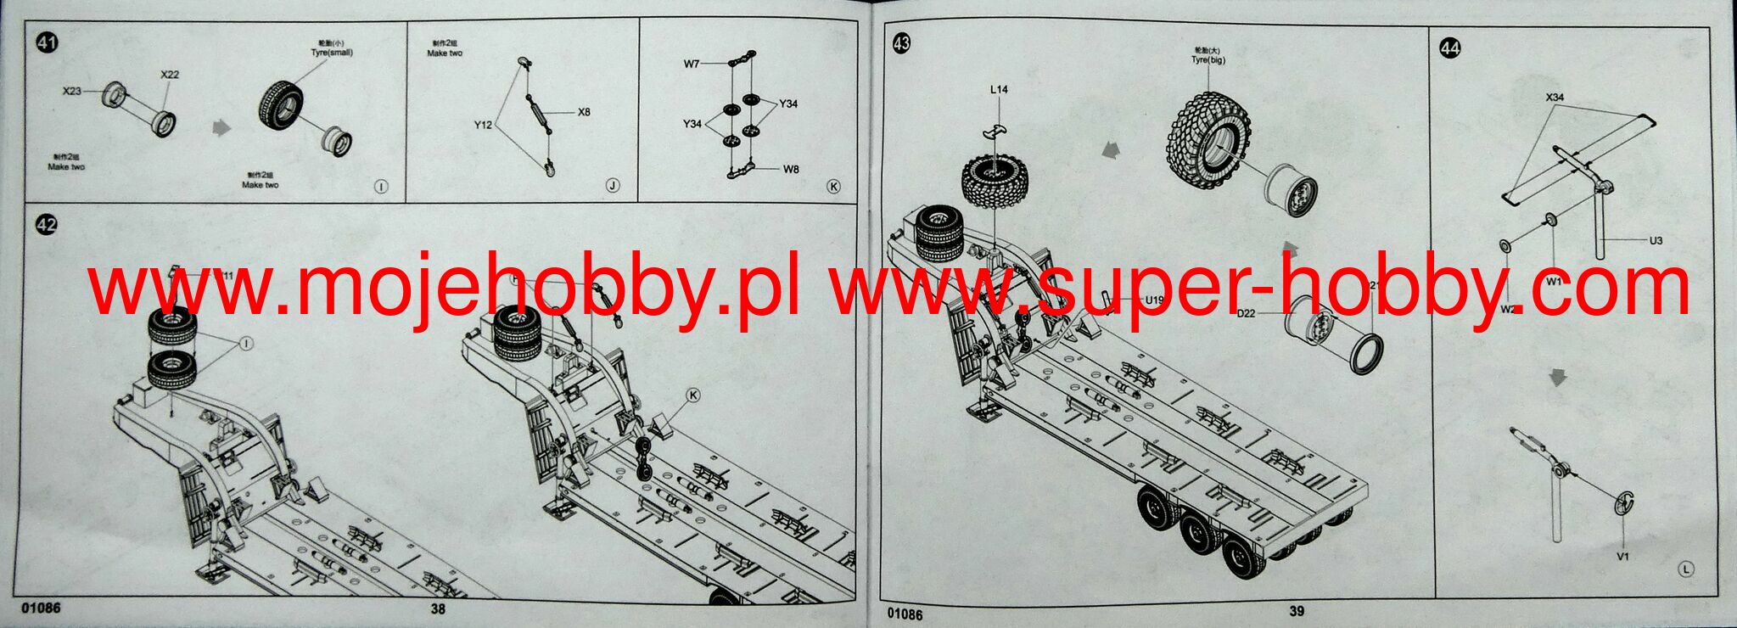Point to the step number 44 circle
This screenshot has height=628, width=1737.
click(1450, 48)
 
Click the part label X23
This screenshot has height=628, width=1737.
click(71, 91)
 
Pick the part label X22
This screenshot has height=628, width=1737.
click(170, 75)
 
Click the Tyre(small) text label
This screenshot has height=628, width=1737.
click(332, 53)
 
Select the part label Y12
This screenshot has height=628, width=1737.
click(483, 125)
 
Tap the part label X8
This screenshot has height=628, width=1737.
click(584, 112)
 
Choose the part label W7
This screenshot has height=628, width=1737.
click(692, 64)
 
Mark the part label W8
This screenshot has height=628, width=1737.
click(790, 169)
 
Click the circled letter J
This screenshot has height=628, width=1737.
click(613, 186)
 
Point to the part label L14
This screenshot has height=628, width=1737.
click(999, 89)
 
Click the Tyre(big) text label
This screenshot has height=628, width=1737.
click(1207, 60)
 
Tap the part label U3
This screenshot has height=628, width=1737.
click(1656, 240)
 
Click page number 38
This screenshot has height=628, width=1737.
click(438, 608)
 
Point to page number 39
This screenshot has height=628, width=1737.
click(1297, 610)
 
